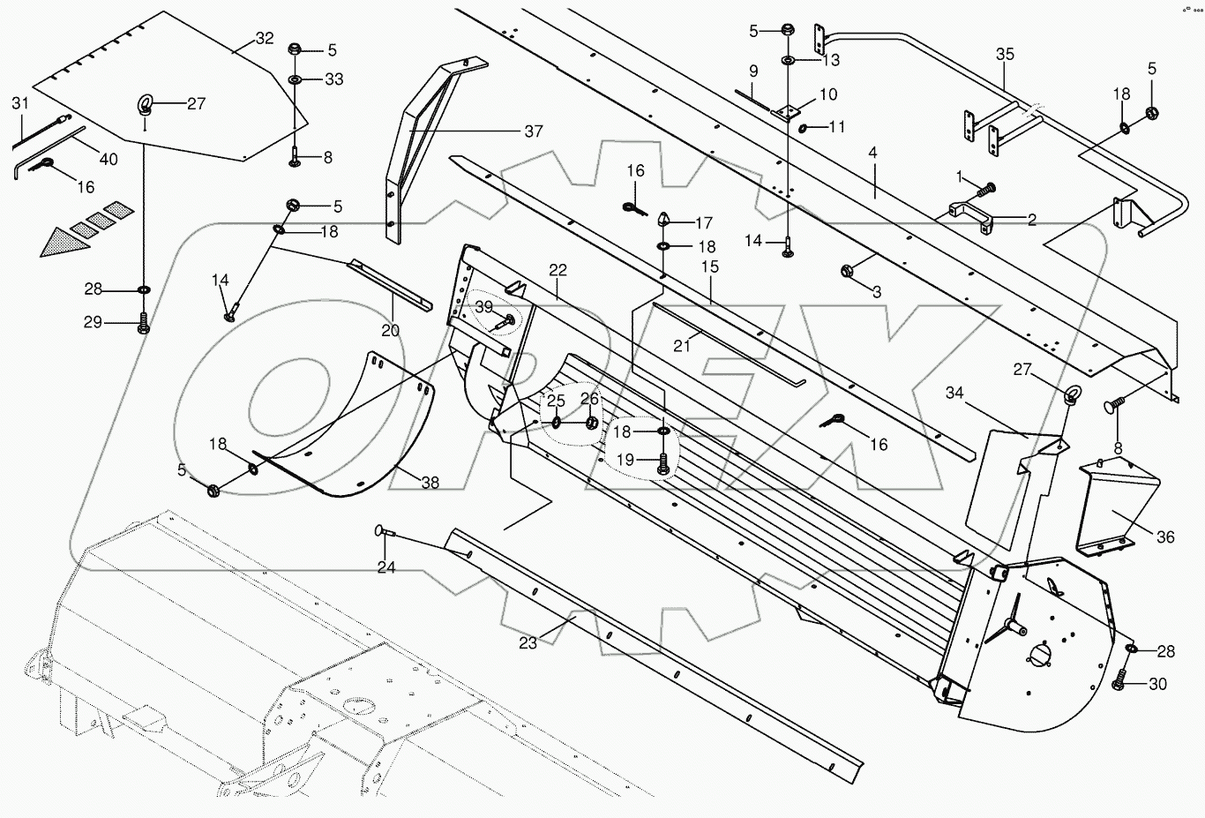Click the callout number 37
click(533, 131)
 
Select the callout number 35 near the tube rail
click(1005, 54)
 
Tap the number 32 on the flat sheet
click(265, 38)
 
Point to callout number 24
click(386, 567)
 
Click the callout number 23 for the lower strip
click(528, 643)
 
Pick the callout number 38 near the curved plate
click(430, 483)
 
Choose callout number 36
click(1165, 537)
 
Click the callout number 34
click(955, 393)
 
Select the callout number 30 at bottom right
click(1158, 684)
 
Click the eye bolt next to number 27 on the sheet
click(144, 108)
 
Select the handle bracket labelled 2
click(969, 216)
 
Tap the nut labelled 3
click(847, 271)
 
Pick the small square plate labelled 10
click(784, 112)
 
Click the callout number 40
click(108, 159)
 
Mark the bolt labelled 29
click(143, 325)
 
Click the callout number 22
click(558, 270)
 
